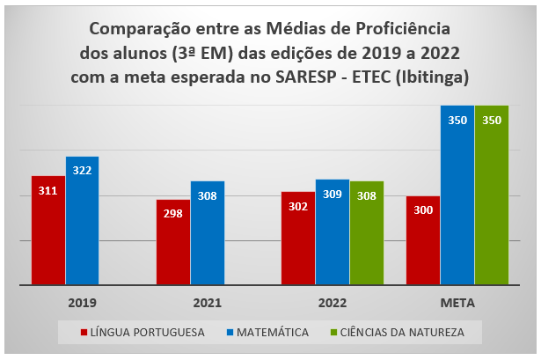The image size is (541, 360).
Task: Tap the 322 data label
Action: tap(82, 170)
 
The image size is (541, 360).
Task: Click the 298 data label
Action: tap(173, 214)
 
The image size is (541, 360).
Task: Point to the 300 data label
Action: tap(423, 210)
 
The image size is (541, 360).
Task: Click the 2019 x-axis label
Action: tap(82, 302)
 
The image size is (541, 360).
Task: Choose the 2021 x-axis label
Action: tap(207, 302)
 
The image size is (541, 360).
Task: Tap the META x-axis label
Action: tap(457, 302)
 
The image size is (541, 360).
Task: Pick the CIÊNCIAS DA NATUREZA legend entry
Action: tap(397, 332)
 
